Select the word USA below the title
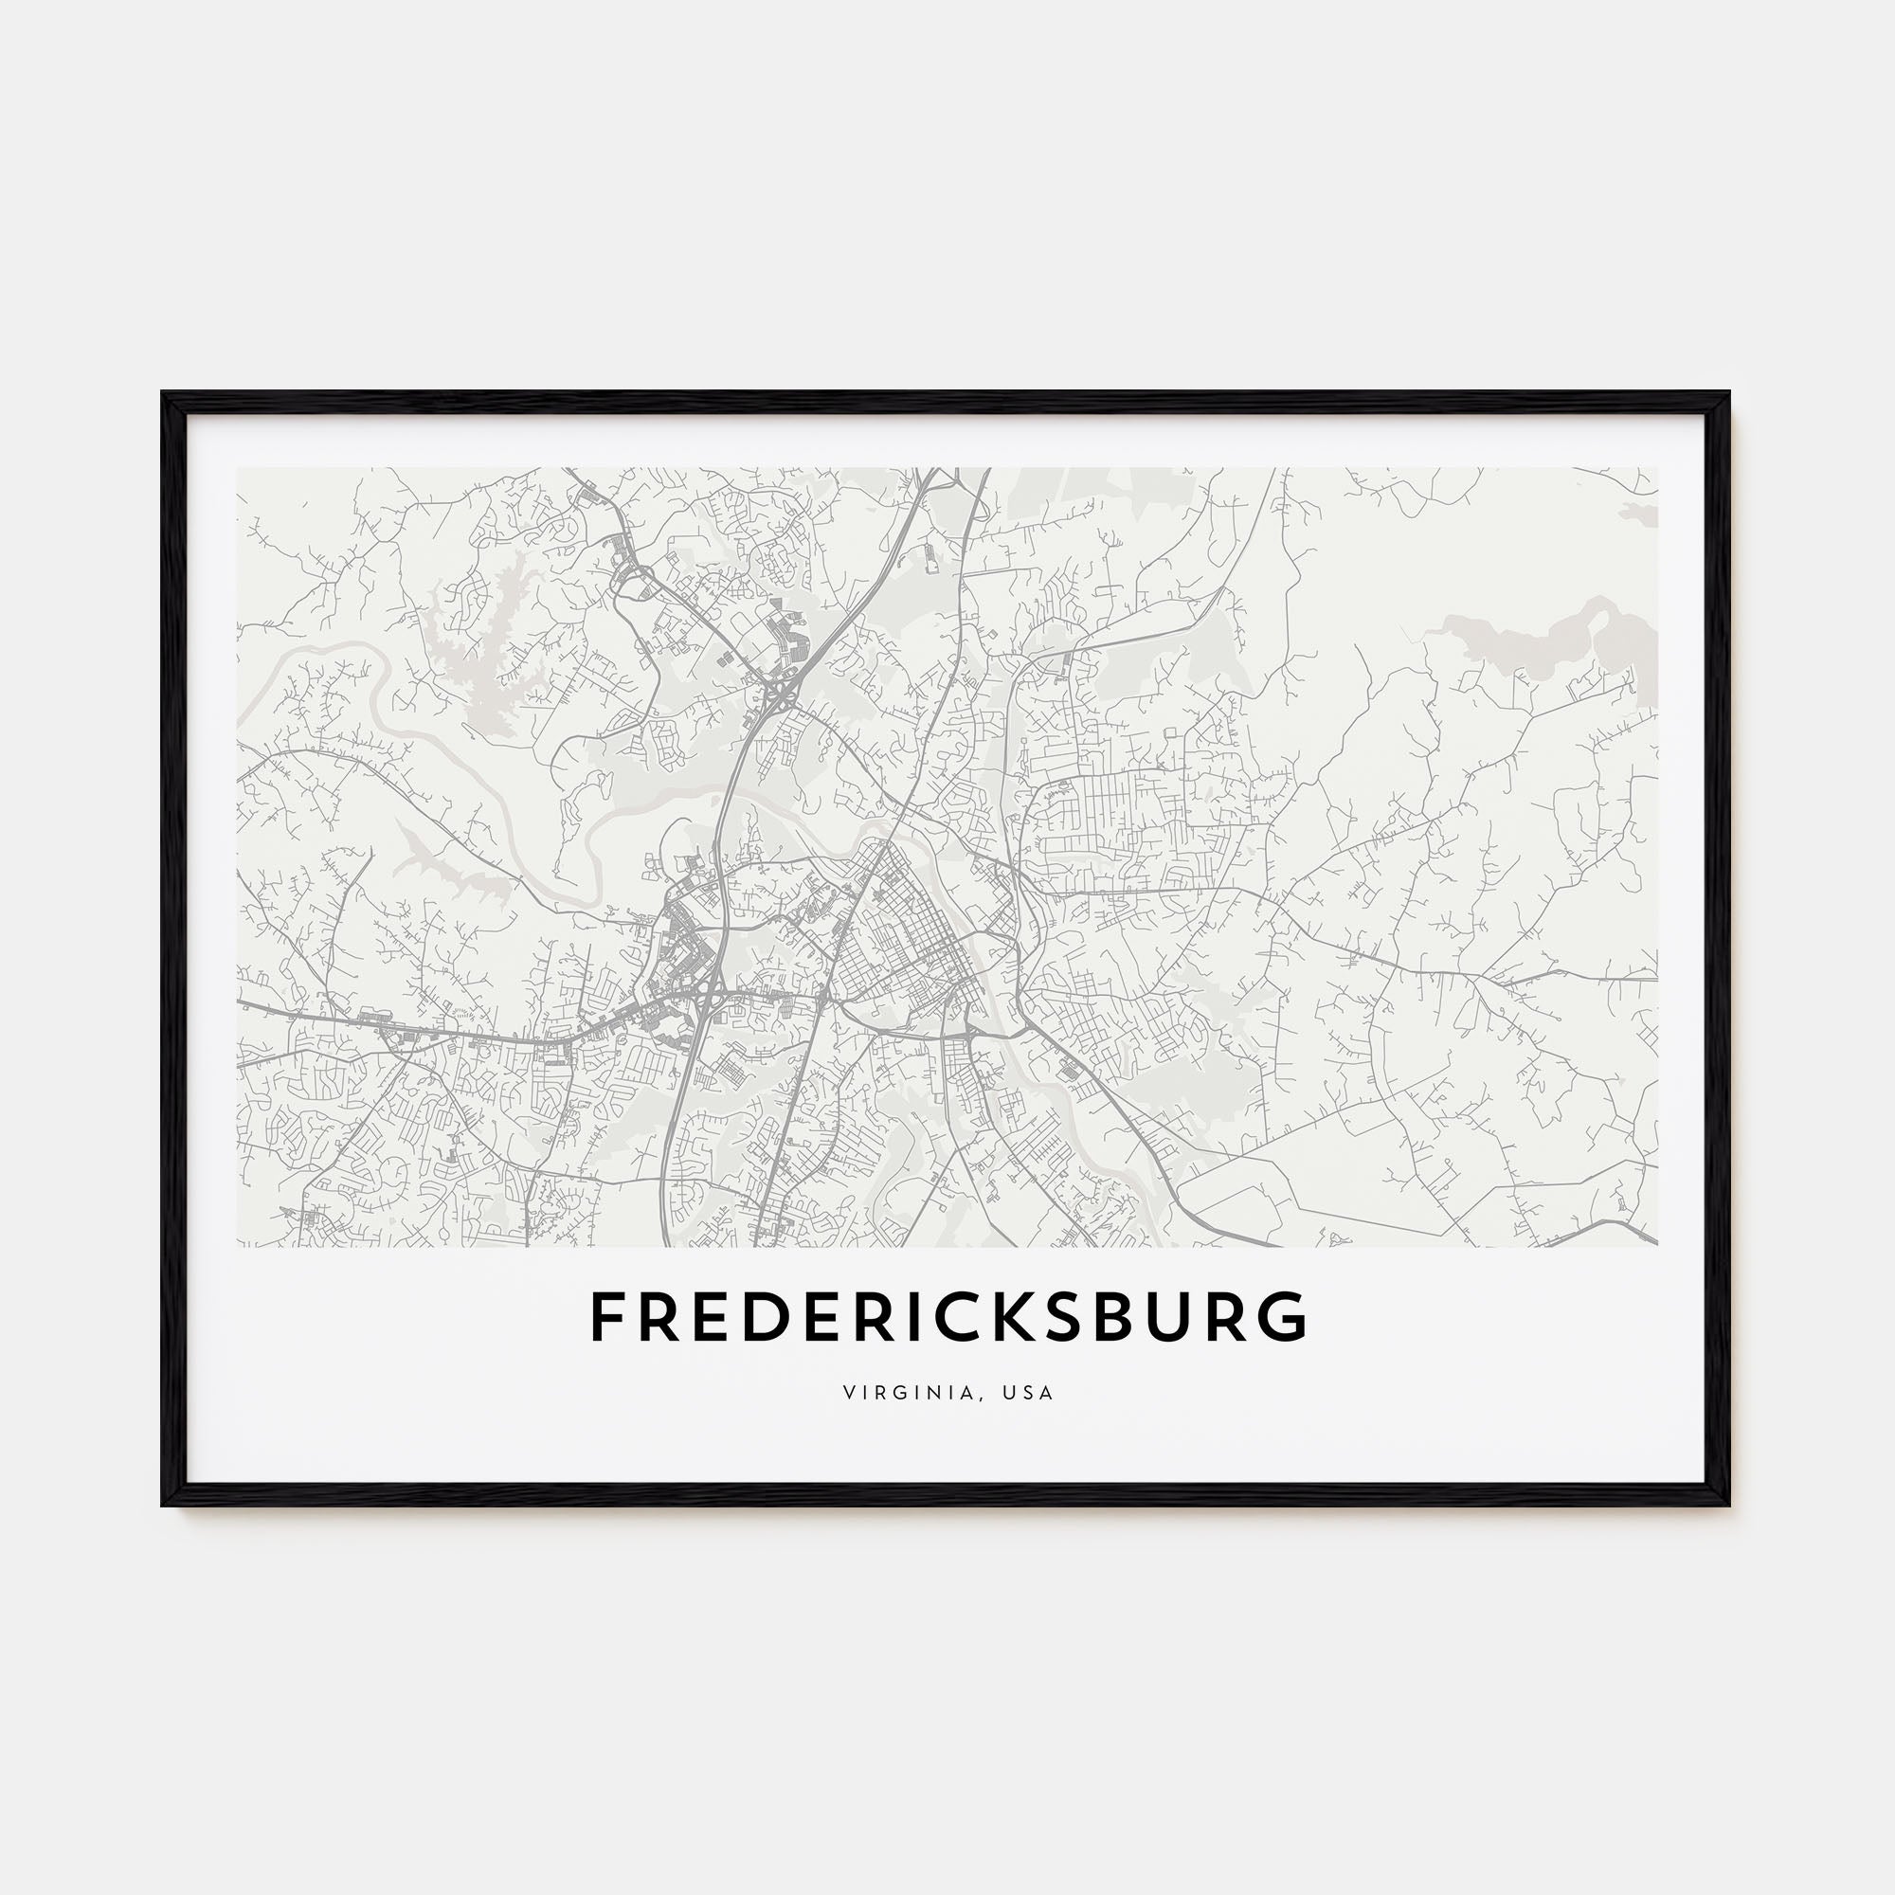tap(1030, 1393)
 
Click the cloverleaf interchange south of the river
tap(707, 1000)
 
